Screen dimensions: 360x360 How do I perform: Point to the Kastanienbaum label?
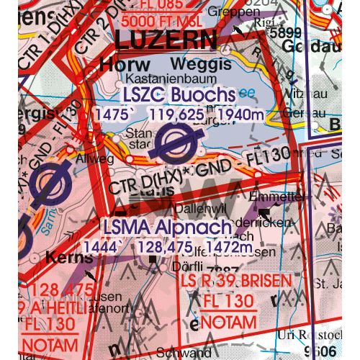coord(161,80)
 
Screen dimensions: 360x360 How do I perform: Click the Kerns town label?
coord(68,257)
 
